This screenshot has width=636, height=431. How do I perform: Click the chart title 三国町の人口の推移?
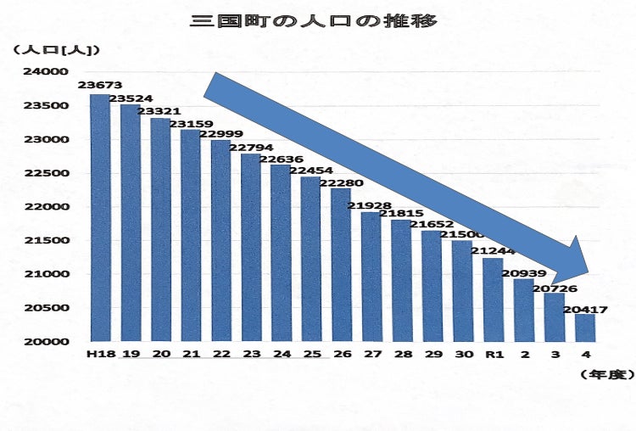point(315,20)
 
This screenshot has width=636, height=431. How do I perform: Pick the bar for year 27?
point(371,277)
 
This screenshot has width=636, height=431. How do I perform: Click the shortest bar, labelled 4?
point(585,327)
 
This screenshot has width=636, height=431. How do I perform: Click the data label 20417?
point(585,309)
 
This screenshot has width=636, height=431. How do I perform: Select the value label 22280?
point(342,183)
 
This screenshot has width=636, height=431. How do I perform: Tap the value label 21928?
point(371,206)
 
